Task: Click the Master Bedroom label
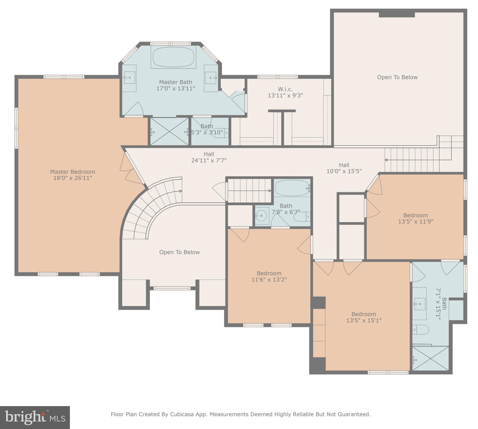coord(73,175)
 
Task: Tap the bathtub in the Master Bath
coord(173,57)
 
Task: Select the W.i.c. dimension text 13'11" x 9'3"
coord(285,96)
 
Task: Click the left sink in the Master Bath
coord(129,77)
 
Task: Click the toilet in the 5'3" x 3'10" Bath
coord(219,132)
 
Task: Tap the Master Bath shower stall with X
coord(169,131)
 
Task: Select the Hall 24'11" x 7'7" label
coord(209,157)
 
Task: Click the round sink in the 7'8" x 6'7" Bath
coord(261,216)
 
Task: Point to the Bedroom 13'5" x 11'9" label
coord(415,218)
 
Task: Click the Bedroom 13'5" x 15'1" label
coord(363,317)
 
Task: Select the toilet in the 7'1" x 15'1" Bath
coord(420,330)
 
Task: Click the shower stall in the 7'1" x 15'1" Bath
coord(430,359)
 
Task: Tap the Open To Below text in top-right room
coord(397,77)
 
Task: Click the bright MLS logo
coord(35,417)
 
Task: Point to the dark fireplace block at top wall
coord(396,15)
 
